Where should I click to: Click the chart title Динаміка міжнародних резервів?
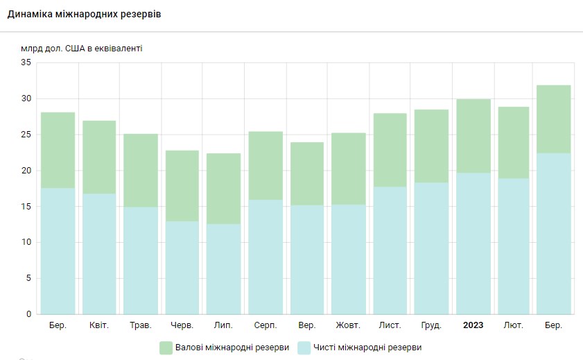(x=84, y=14)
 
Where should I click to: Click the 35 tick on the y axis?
(x=26, y=62)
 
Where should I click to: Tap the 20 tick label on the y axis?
(x=26, y=171)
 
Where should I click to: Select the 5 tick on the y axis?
(x=28, y=278)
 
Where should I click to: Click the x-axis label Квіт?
(x=99, y=325)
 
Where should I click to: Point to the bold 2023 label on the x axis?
(x=473, y=325)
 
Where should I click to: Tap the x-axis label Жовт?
(x=349, y=325)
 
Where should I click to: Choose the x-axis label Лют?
(x=514, y=325)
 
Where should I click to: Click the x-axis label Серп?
(x=266, y=325)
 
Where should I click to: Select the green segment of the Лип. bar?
(x=224, y=189)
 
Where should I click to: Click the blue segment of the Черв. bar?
(x=182, y=267)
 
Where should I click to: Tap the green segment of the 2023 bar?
(x=473, y=136)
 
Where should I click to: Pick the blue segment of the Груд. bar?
(x=432, y=248)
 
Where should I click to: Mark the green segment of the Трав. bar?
(x=141, y=171)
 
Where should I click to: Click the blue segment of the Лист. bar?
(x=390, y=250)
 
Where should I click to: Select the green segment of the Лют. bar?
(x=514, y=143)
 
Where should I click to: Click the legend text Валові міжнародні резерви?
(x=232, y=348)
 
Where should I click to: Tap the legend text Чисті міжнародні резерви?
(x=367, y=348)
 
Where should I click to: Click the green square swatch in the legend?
(x=166, y=348)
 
